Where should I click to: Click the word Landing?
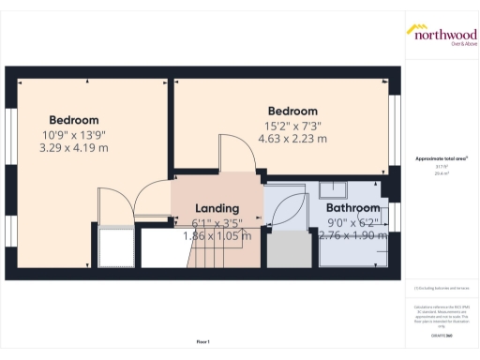tap(217, 208)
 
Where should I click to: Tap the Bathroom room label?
tap(353, 208)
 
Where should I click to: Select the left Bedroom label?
tap(74, 120)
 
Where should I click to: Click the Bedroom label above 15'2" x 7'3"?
tap(292, 111)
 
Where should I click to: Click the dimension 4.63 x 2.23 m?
tap(292, 139)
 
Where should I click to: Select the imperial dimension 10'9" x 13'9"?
tap(74, 134)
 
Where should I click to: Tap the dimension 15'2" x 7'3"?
tap(292, 125)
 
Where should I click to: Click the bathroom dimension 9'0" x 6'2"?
tap(353, 222)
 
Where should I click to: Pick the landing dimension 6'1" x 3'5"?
tap(217, 222)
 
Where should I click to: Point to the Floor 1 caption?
tap(202, 342)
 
